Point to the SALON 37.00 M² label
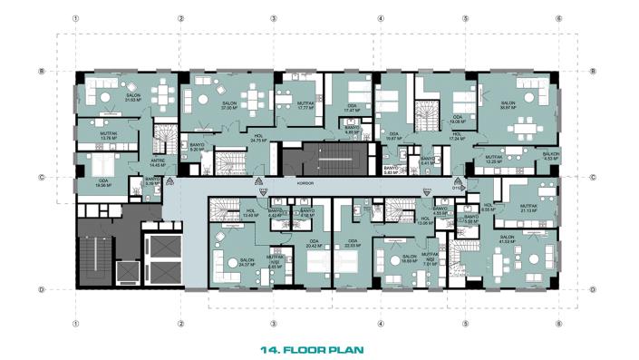click(229, 105)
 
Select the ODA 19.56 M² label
click(104, 183)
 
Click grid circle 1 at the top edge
click(78, 18)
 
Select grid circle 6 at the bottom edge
click(558, 322)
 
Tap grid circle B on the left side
click(42, 72)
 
